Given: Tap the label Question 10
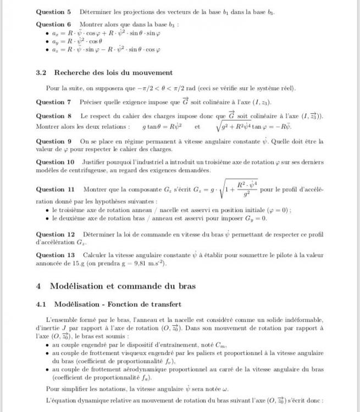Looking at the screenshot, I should tap(55, 162).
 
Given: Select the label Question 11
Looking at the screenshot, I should tap(55, 190).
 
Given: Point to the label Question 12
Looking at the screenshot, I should tap(55, 234).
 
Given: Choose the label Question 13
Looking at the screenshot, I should tap(55, 255).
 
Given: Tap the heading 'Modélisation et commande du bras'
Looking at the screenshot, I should tap(123, 286).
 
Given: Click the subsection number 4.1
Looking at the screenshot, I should tap(41, 304).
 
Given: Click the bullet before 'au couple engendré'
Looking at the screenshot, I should tap(47, 345).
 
